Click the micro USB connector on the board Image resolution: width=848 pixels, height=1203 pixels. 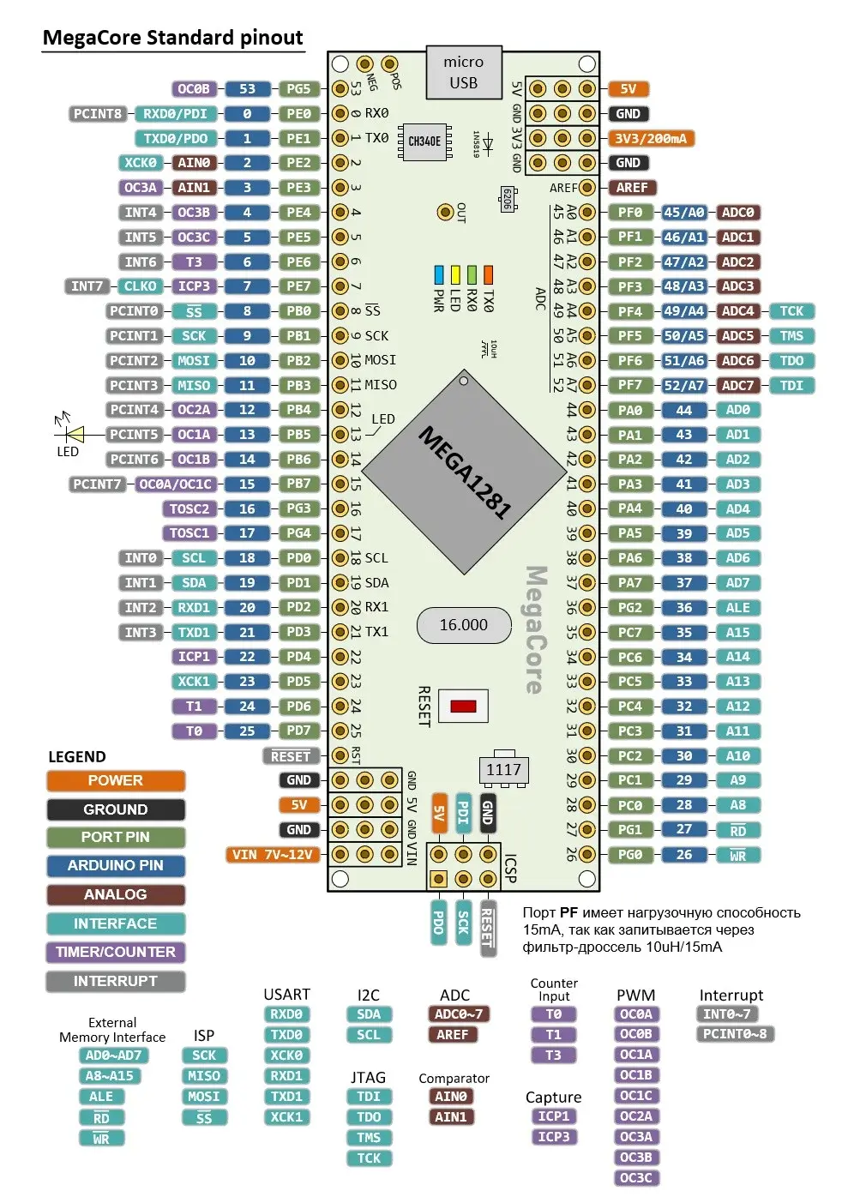(464, 73)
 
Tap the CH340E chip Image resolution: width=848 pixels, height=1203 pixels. (424, 141)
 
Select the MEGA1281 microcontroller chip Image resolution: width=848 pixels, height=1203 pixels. (464, 472)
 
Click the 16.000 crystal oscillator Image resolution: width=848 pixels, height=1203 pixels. (464, 625)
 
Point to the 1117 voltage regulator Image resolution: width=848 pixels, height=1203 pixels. (504, 769)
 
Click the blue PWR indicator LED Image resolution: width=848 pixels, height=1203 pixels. (438, 274)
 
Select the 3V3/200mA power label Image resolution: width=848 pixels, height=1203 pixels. (651, 139)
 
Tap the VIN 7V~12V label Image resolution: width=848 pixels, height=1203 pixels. (273, 855)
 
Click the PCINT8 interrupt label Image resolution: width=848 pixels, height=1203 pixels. (98, 114)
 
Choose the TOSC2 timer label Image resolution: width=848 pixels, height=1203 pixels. (189, 508)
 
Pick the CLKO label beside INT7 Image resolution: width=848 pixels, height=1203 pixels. (140, 286)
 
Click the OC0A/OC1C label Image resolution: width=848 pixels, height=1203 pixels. (176, 484)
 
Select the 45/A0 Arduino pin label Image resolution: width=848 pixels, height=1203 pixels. (683, 213)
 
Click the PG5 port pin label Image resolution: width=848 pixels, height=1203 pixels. (298, 88)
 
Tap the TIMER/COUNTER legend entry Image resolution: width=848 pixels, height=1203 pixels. (116, 952)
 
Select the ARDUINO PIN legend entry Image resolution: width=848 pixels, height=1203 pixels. (116, 865)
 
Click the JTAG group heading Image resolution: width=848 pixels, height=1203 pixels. (368, 1077)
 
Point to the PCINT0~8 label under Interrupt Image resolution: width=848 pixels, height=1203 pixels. (735, 1034)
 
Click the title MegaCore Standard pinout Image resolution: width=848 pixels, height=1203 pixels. (173, 38)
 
